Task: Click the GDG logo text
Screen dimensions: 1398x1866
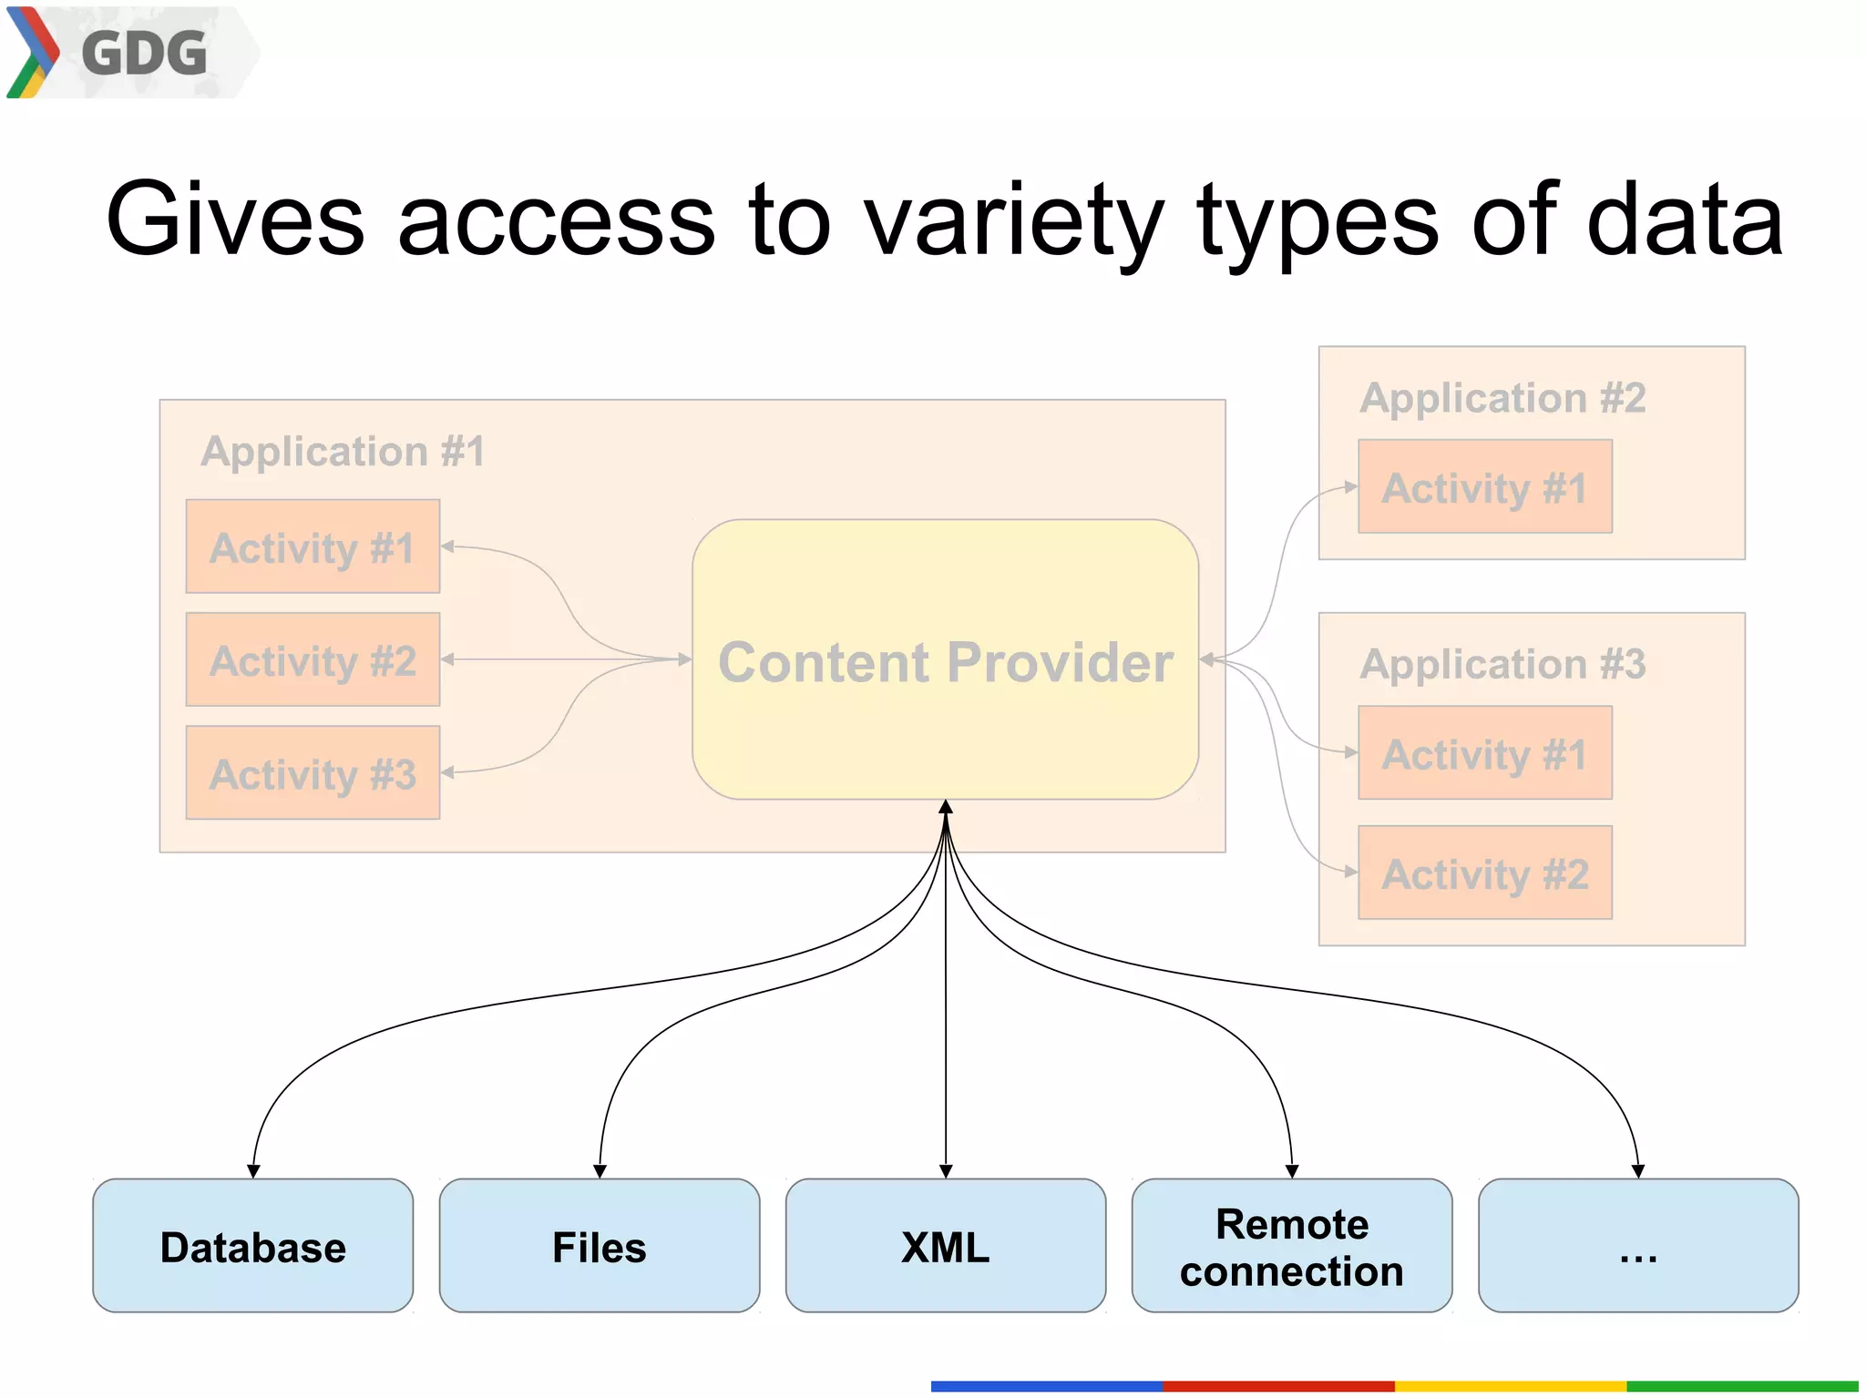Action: pos(144,53)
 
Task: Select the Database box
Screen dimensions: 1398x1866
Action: pos(252,1246)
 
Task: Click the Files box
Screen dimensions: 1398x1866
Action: pos(599,1246)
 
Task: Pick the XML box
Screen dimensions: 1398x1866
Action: pos(945,1246)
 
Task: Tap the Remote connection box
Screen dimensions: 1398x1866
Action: pos(1291,1246)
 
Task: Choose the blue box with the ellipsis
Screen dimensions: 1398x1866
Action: pos(1637,1246)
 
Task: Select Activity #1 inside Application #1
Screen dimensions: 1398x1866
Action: pos(313,546)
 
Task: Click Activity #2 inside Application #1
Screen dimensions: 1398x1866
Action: pos(313,659)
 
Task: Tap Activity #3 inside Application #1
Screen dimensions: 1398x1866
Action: pos(313,773)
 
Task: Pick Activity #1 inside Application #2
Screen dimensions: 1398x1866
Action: pos(1484,487)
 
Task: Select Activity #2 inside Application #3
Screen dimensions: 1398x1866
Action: pos(1484,872)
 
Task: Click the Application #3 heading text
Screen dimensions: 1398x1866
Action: pos(1502,664)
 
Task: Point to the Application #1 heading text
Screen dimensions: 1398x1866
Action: pos(343,452)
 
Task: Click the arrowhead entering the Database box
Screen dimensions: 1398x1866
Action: pos(253,1171)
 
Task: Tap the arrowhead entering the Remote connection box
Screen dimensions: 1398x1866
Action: pos(1291,1171)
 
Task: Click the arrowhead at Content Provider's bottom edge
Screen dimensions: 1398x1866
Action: pos(946,807)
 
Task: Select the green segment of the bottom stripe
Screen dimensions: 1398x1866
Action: pos(1741,1386)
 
